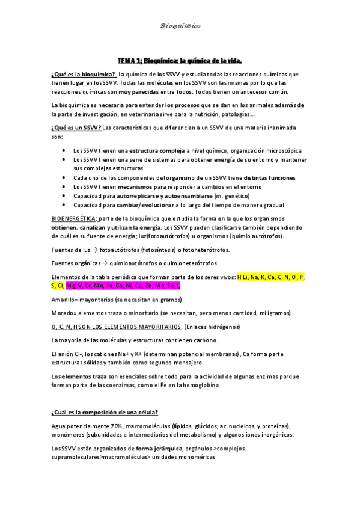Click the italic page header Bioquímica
(180, 26)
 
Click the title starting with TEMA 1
(180, 61)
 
